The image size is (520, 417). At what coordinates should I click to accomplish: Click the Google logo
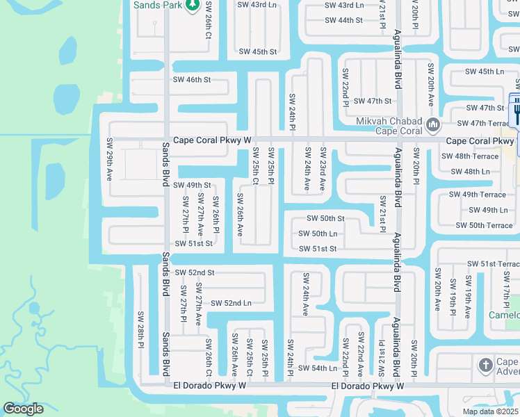pyautogui.click(x=23, y=409)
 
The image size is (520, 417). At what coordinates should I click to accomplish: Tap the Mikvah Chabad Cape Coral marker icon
pyautogui.click(x=433, y=125)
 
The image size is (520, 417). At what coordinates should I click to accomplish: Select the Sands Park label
pyautogui.click(x=158, y=4)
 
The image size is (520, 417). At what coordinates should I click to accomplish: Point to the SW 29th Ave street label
pyautogui.click(x=109, y=159)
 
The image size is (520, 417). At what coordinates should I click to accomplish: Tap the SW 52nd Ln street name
pyautogui.click(x=231, y=303)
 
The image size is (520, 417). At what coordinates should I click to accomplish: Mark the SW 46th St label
pyautogui.click(x=191, y=80)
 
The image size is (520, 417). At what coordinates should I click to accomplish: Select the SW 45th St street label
pyautogui.click(x=258, y=52)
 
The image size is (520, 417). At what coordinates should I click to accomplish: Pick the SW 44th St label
pyautogui.click(x=343, y=20)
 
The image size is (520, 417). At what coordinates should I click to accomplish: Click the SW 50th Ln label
pyautogui.click(x=318, y=234)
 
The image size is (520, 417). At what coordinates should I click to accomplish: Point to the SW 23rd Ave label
pyautogui.click(x=323, y=169)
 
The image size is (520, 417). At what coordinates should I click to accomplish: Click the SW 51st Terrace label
pyautogui.click(x=493, y=263)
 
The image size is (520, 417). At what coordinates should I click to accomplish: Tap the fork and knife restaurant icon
pyautogui.click(x=517, y=110)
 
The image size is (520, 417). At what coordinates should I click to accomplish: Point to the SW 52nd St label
pyautogui.click(x=195, y=272)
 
